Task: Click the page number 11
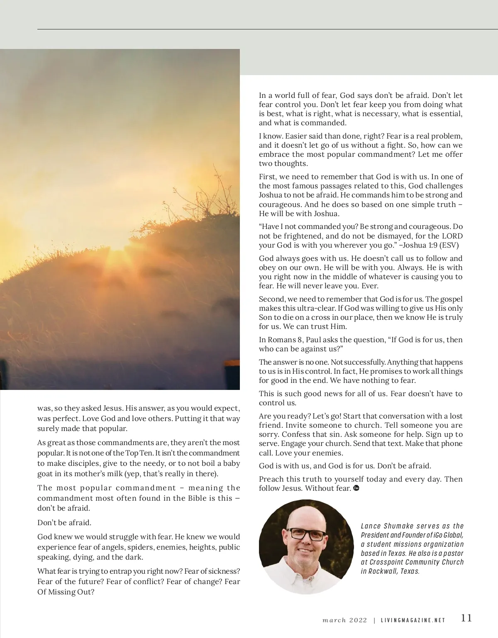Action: [466, 618]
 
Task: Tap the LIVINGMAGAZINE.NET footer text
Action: [413, 621]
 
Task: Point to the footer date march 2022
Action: [344, 620]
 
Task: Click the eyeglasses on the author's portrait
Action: [306, 534]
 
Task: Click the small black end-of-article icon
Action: [356, 488]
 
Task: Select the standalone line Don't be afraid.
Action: [64, 522]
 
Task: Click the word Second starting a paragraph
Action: [272, 299]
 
